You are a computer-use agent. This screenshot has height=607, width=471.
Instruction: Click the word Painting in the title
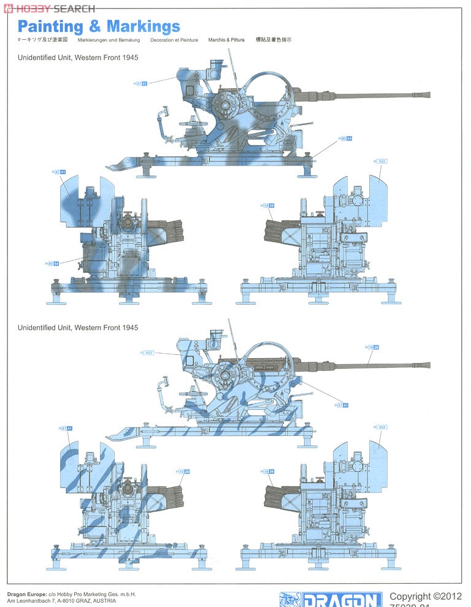click(x=50, y=26)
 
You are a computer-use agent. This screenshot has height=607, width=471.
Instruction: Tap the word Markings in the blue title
click(x=144, y=26)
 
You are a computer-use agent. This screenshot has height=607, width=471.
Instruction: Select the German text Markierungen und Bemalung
click(x=109, y=40)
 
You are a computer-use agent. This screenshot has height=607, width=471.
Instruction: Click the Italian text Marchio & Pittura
click(x=226, y=40)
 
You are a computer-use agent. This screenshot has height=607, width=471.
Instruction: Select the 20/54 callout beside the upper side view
click(x=345, y=139)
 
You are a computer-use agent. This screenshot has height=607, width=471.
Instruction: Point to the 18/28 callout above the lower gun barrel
click(x=372, y=348)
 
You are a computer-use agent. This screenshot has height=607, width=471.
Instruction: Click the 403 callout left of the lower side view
click(x=147, y=353)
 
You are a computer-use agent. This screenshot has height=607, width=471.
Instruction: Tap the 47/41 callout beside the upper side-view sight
click(x=141, y=83)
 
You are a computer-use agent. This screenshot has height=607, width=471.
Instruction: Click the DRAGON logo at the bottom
click(x=331, y=599)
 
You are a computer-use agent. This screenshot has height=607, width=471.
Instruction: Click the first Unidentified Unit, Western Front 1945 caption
click(x=78, y=56)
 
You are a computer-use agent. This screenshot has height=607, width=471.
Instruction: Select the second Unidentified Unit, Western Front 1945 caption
click(x=78, y=327)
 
